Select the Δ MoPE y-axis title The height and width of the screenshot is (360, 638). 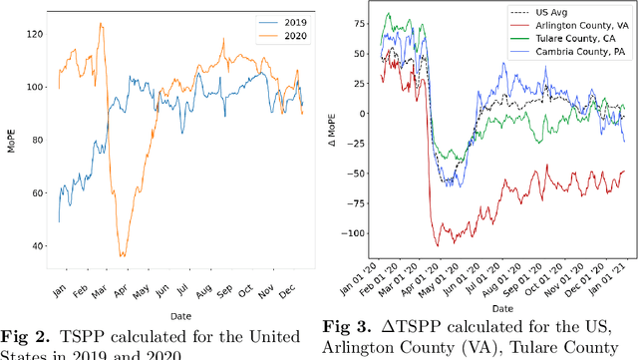click(342, 140)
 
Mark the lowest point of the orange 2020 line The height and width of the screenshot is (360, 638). click(122, 256)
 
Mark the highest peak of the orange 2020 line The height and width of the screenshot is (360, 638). click(101, 24)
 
